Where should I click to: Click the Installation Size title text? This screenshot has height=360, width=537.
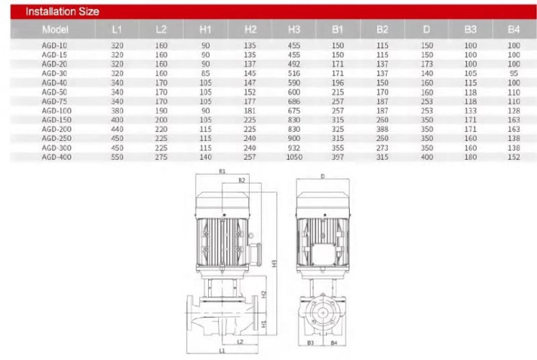[62, 12]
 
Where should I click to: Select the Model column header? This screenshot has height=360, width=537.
[55, 30]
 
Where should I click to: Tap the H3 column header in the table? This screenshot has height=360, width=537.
[294, 30]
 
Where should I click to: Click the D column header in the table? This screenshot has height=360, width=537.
[427, 30]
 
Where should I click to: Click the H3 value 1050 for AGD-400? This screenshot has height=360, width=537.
[294, 156]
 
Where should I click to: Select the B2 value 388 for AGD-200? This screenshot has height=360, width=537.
[382, 129]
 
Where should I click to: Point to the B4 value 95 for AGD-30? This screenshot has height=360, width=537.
[513, 73]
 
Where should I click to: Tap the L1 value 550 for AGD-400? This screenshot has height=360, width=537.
[117, 156]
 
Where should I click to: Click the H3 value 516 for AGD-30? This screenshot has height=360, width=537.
[294, 73]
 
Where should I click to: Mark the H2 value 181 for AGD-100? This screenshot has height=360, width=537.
[250, 110]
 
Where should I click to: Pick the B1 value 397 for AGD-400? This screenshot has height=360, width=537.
[338, 156]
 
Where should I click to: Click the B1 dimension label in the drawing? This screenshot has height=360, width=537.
[222, 171]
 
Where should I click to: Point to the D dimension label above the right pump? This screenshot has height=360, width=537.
[322, 176]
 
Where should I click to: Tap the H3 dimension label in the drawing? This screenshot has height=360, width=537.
[274, 263]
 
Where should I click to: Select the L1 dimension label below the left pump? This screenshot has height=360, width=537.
[222, 350]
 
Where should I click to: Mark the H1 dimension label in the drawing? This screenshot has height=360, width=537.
[263, 323]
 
